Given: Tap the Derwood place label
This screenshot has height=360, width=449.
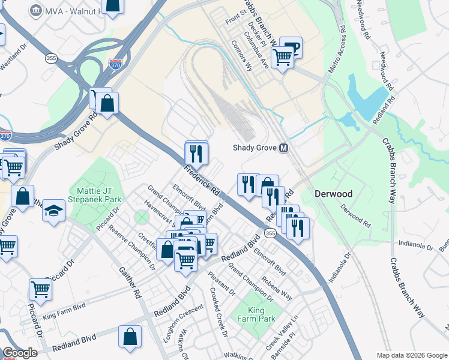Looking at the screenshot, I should (333, 194).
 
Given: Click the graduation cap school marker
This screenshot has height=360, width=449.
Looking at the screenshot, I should (53, 211).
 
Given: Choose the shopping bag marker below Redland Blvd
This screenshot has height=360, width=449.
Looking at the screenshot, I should (130, 337).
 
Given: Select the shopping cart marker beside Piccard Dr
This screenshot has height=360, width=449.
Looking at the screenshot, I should (40, 289).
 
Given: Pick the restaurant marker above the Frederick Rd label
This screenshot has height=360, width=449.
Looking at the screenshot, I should (196, 152).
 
